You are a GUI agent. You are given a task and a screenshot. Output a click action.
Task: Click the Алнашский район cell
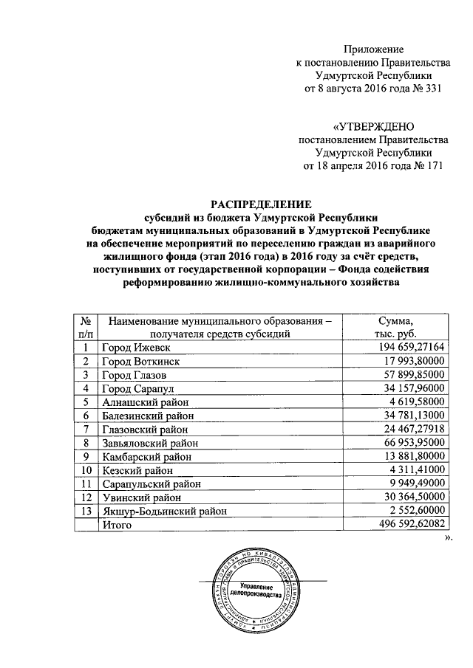click(148, 402)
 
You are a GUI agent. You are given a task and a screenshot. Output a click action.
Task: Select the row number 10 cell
click(86, 470)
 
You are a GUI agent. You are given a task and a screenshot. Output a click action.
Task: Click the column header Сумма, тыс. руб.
click(400, 326)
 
